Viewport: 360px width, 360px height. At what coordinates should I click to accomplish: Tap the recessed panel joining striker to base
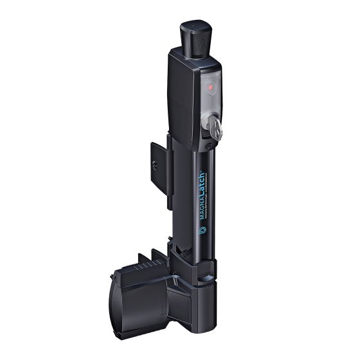coord(177,302)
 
